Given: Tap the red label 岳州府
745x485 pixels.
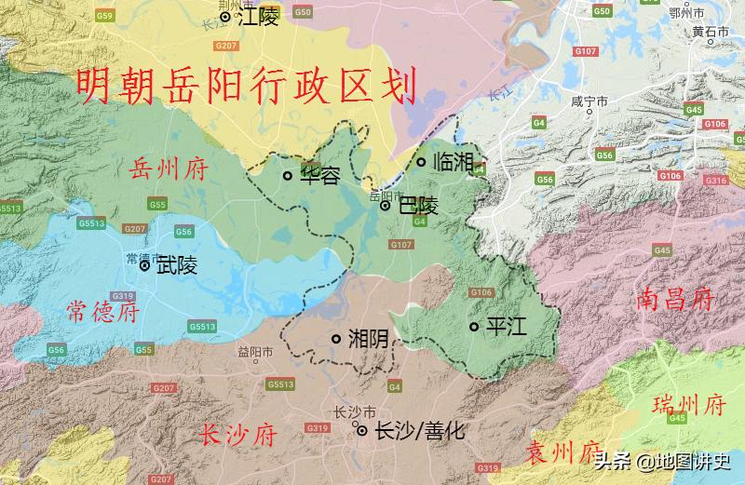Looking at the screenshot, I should tap(167, 168).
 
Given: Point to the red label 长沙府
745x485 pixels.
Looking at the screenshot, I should tap(238, 434).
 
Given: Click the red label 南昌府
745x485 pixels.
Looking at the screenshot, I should tap(676, 300).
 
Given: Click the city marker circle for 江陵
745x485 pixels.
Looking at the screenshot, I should tap(225, 17).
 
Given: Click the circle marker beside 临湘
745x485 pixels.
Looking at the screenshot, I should tap(421, 162).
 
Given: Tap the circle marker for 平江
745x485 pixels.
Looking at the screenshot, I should tap(474, 326).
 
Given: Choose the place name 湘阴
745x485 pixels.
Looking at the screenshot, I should tap(368, 339).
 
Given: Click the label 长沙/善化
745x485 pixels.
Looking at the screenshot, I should tap(418, 431).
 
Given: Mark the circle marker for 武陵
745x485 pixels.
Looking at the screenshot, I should tap(144, 265).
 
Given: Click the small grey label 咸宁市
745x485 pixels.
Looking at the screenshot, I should tap(589, 101).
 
